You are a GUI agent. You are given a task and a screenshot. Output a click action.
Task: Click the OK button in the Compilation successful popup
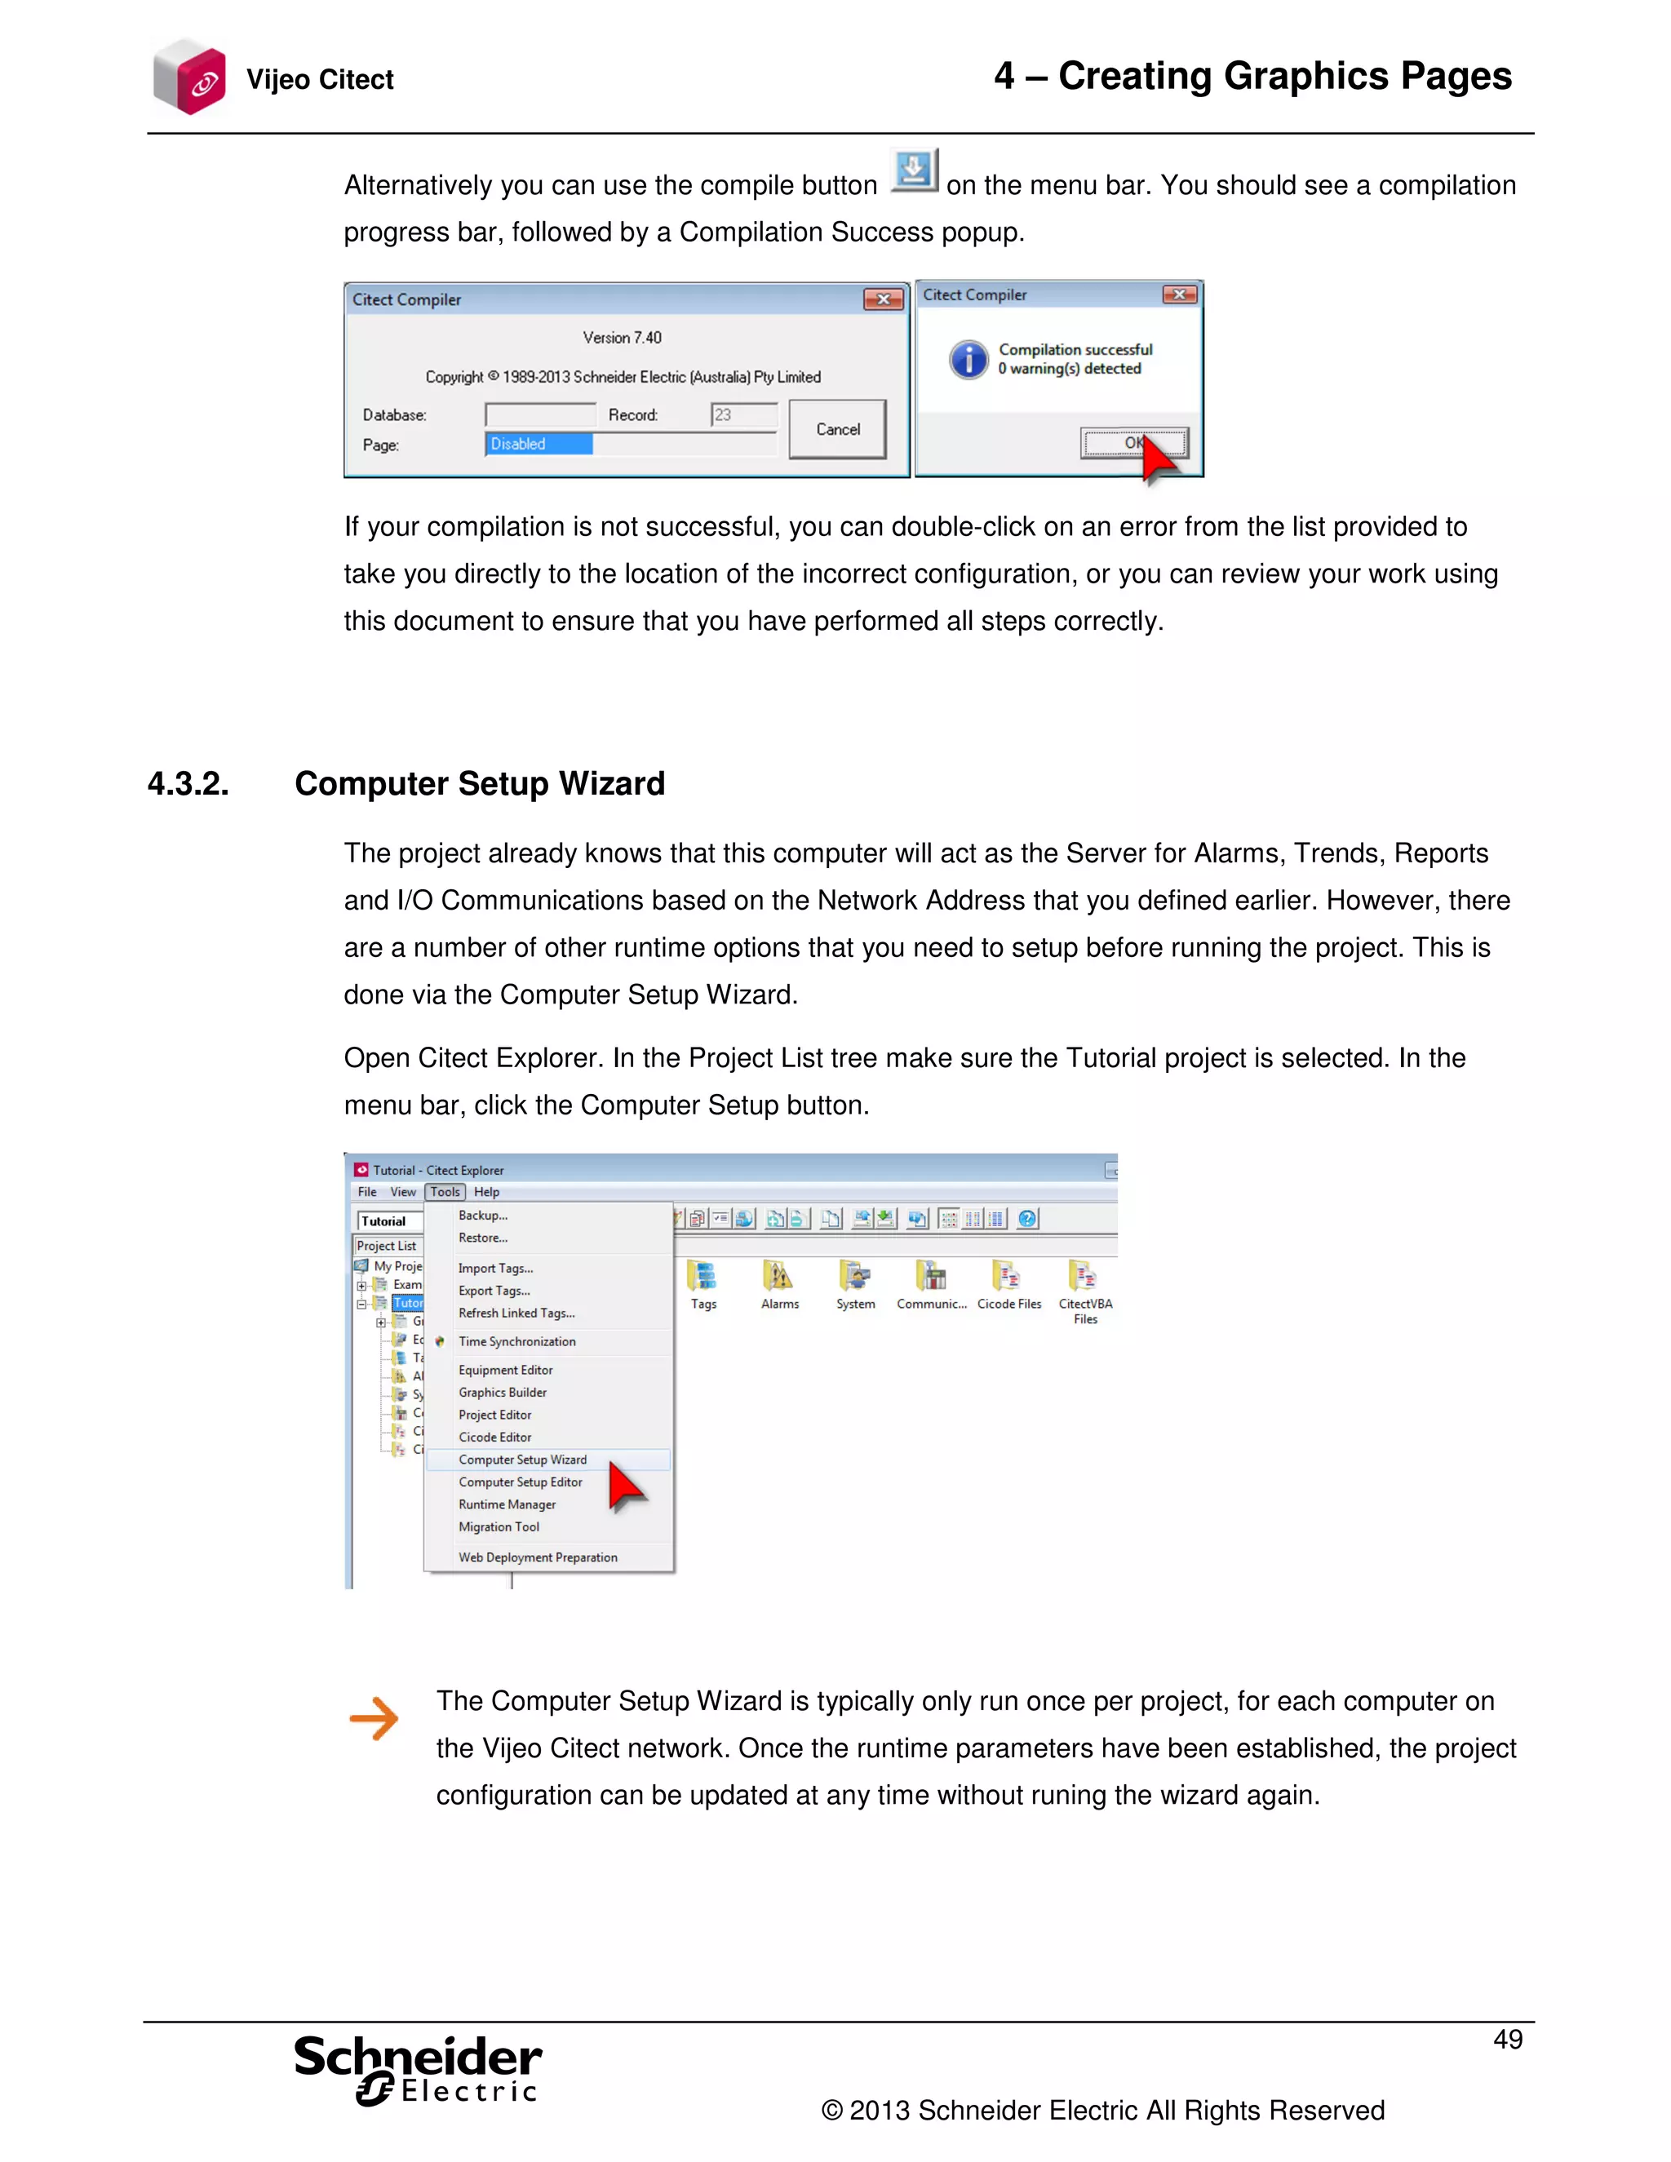pos(1132,442)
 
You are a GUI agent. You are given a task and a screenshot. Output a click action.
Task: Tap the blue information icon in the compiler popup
pos(968,359)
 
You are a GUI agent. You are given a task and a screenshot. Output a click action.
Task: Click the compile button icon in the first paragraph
pos(913,171)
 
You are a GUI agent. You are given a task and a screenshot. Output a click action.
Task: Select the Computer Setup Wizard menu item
pos(523,1460)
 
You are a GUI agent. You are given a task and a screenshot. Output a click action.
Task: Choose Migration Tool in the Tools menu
pos(499,1526)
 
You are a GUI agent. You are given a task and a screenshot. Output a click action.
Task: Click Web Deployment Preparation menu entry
pos(538,1557)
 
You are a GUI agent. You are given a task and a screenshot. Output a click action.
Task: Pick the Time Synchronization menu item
pos(516,1341)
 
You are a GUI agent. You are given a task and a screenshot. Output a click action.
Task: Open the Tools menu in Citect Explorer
pos(445,1192)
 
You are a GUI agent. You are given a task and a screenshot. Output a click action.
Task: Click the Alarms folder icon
pos(779,1277)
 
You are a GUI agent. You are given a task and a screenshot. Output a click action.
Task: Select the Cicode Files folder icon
pos(1008,1277)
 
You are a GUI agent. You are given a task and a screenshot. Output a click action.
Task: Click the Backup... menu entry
pos(483,1216)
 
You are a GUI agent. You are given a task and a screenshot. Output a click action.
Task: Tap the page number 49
pos(1507,2040)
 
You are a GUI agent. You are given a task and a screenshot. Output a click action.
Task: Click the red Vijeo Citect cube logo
pos(189,78)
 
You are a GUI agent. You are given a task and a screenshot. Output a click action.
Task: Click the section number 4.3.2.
pos(188,784)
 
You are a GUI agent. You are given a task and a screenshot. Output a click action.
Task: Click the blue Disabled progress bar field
pos(539,444)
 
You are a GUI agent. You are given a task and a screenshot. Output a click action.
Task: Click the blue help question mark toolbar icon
pos(1026,1219)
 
